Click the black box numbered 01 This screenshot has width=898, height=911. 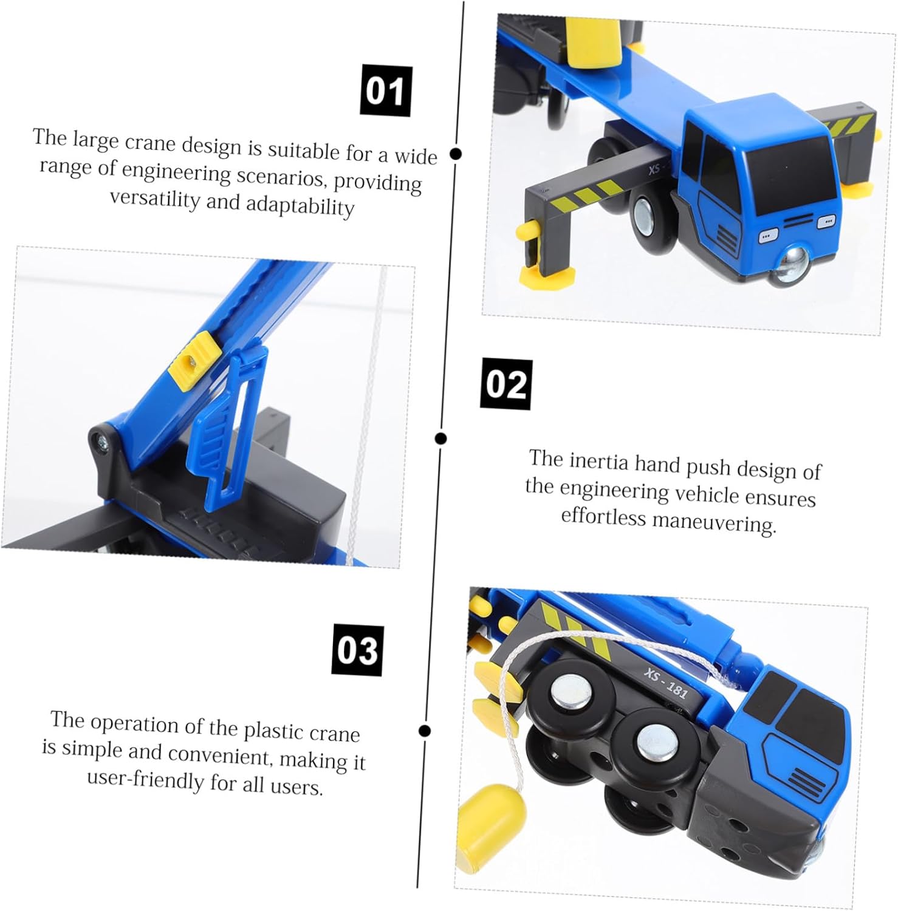tap(386, 91)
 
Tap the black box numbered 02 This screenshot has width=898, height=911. tap(507, 384)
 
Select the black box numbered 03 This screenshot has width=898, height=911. tap(357, 650)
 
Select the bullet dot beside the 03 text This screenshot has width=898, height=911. tap(425, 731)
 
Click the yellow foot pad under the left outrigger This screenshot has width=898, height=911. tap(546, 277)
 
